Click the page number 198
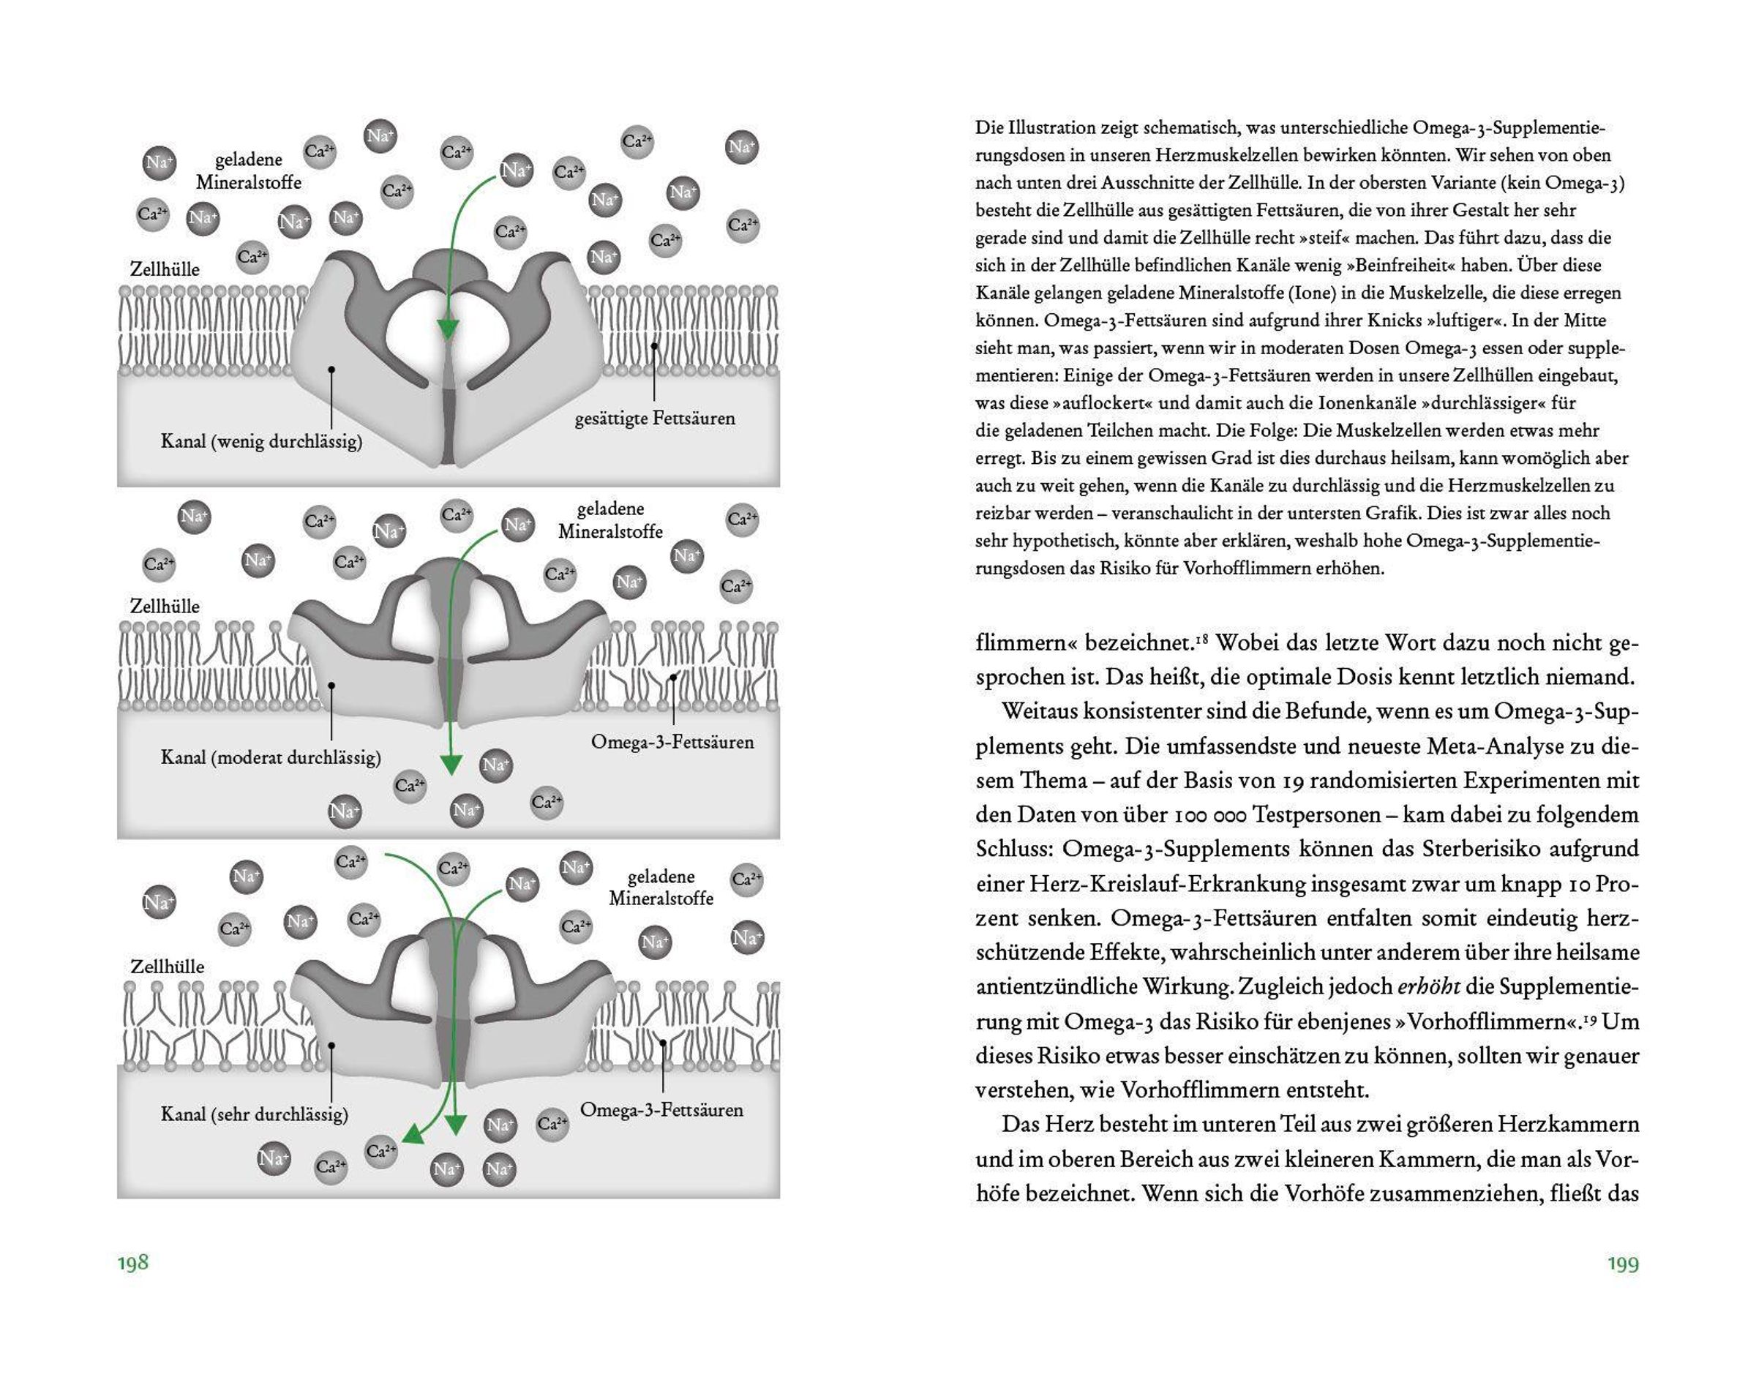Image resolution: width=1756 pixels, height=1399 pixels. (132, 1262)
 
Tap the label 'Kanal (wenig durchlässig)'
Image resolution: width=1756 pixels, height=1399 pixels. (261, 442)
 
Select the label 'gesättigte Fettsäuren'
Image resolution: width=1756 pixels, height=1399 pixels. (655, 419)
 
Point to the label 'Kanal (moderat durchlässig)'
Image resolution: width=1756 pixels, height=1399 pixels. (271, 758)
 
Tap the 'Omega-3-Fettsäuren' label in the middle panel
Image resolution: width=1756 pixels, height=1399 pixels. (672, 743)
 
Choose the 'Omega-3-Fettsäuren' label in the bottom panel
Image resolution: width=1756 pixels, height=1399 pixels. (661, 1111)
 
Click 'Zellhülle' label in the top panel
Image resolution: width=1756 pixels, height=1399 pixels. (165, 269)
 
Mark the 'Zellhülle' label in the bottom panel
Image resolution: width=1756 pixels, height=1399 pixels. (167, 967)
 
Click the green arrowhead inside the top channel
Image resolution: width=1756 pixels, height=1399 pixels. (448, 329)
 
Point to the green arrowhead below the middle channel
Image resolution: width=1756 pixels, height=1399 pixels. (451, 765)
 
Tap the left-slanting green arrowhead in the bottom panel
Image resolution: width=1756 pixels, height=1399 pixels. (415, 1133)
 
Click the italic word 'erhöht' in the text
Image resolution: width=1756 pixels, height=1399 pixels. (1429, 987)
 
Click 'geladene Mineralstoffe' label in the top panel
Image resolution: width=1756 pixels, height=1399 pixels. (249, 171)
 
